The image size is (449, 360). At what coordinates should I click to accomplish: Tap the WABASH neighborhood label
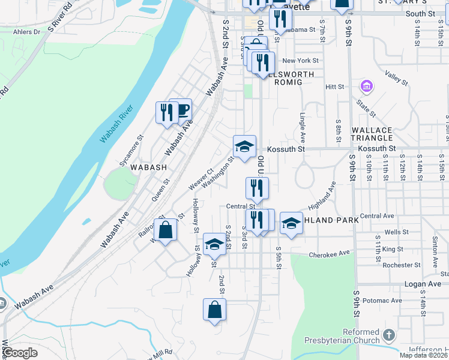146,168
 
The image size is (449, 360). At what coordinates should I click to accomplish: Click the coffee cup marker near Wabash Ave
181,110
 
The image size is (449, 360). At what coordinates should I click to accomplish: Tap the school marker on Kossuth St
244,147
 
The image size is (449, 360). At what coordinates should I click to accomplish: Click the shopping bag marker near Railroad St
165,230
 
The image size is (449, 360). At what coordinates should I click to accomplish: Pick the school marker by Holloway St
214,244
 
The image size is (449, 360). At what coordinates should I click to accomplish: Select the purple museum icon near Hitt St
366,86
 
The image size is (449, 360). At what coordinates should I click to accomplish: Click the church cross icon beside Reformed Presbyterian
389,335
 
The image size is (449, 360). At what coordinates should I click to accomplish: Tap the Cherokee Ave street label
329,254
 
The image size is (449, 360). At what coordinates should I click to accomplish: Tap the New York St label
300,61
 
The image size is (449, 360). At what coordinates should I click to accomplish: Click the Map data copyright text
423,355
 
